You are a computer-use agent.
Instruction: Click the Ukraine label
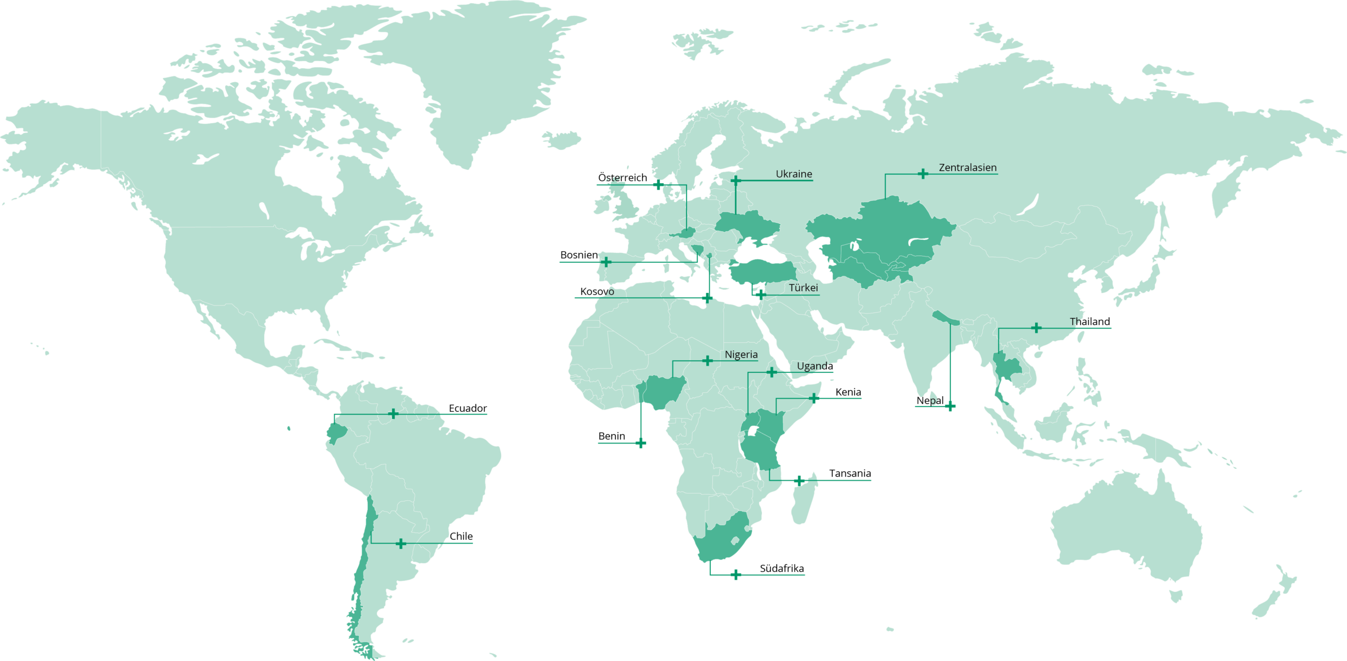793,174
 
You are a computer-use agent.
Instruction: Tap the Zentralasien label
967,168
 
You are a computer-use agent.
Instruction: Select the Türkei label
803,288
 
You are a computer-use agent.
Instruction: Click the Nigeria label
741,355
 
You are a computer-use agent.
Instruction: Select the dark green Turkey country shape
763,272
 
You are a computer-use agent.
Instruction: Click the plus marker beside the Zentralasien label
922,173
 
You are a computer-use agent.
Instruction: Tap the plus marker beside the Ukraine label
736,180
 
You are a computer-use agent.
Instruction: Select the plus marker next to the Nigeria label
708,361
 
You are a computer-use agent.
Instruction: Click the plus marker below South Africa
736,575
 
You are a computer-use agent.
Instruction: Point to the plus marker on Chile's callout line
401,543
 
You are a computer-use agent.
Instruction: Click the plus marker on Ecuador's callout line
393,414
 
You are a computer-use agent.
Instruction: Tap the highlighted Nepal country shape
945,318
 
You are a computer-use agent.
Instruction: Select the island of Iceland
562,140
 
